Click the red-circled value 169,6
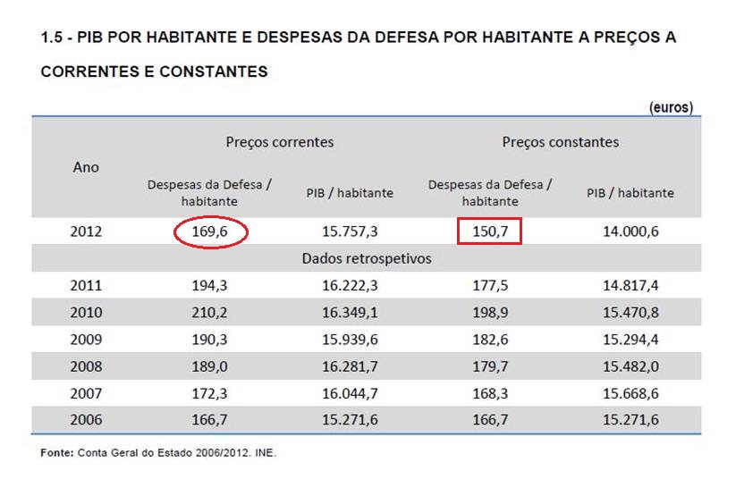pos(209,232)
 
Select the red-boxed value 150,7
pos(489,232)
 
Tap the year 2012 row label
pos(86,232)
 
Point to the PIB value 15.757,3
pos(350,232)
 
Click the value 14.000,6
pos(630,232)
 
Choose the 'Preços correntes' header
pos(279,142)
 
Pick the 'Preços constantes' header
pos(560,142)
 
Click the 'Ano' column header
pos(86,167)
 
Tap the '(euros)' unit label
pos(671,107)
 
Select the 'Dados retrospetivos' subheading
pos(367,259)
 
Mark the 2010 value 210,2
pos(209,313)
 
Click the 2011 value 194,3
pos(209,286)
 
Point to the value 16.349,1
pos(350,313)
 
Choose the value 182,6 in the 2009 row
pos(489,340)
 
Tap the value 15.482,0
pos(630,366)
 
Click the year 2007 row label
pos(86,393)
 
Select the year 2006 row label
pos(86,420)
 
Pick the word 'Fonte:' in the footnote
pos(57,454)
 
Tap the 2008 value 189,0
pos(209,366)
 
